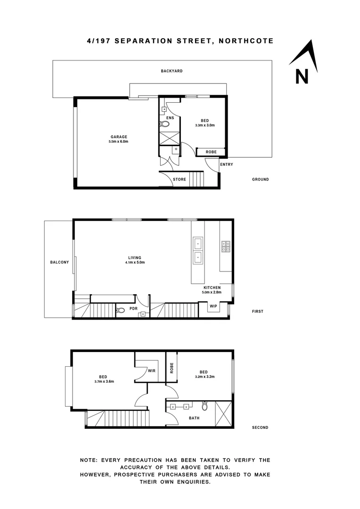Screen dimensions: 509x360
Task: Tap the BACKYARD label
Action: [x=172, y=71]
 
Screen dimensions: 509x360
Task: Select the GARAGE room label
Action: [x=119, y=137]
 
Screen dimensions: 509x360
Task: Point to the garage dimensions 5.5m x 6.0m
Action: [x=119, y=141]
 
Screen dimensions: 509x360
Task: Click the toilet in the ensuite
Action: [x=164, y=124]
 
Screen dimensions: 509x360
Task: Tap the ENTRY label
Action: [x=227, y=164]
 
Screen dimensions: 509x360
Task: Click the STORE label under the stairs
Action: [x=180, y=180]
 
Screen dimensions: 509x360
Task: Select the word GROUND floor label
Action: [x=260, y=180]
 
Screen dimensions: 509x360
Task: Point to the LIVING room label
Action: [x=135, y=257]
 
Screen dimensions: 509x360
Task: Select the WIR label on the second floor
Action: [x=152, y=371]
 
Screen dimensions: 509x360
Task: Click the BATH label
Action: [x=194, y=418]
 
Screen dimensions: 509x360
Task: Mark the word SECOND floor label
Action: [x=260, y=427]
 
